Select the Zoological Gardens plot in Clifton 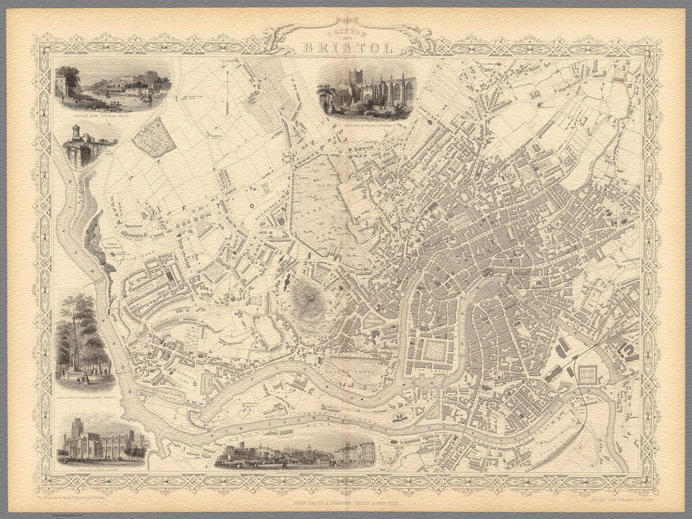click(x=153, y=138)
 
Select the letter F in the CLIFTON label click(x=218, y=198)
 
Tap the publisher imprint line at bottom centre click(x=346, y=503)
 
